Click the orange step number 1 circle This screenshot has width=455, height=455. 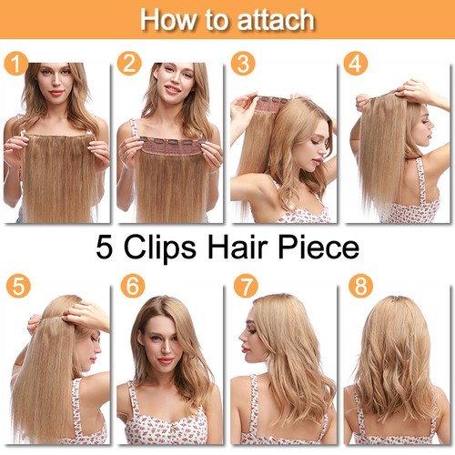(15, 64)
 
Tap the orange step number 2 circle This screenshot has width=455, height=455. (130, 64)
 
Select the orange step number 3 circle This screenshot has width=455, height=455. (243, 64)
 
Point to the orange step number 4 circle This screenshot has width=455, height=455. (356, 64)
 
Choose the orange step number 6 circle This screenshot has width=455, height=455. (133, 285)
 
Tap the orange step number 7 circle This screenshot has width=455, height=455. (245, 285)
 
